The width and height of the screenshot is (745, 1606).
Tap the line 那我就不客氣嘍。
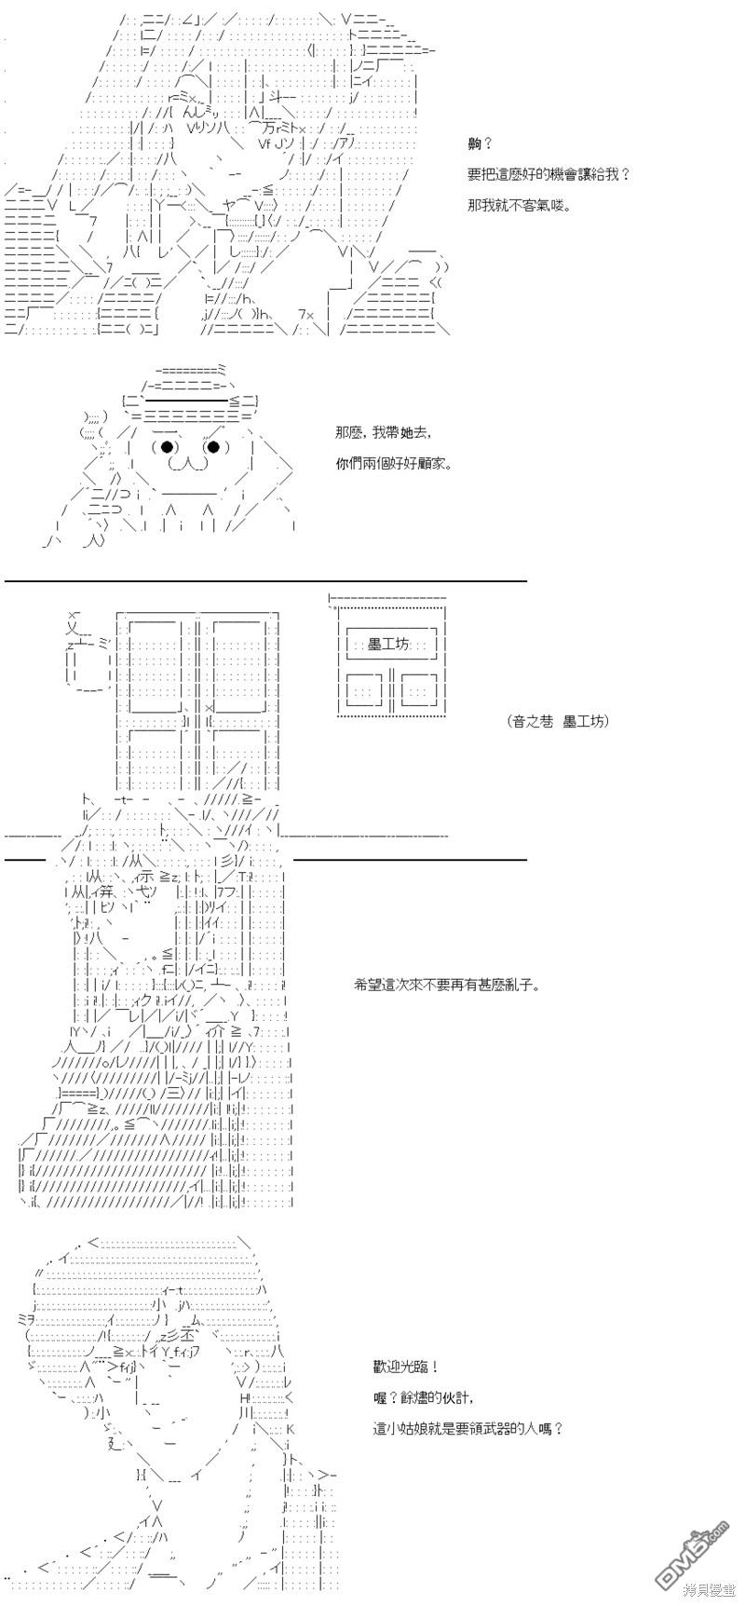[x=520, y=205]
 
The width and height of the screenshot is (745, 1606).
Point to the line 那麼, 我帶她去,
[x=384, y=433]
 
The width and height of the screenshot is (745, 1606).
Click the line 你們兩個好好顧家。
[x=393, y=463]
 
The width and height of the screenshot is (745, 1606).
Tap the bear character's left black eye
[x=168, y=447]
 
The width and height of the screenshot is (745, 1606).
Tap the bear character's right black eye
[x=213, y=447]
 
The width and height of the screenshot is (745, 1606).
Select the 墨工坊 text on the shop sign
[x=389, y=644]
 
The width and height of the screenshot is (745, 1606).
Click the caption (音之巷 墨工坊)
[x=559, y=720]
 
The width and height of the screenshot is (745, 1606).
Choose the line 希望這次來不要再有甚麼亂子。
[x=447, y=985]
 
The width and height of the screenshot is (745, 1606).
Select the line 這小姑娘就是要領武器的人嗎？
[x=467, y=1428]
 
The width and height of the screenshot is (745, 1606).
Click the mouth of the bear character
[x=190, y=463]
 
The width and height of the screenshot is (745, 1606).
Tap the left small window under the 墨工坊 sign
[x=364, y=691]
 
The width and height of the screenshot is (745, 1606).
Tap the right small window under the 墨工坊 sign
[x=418, y=691]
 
